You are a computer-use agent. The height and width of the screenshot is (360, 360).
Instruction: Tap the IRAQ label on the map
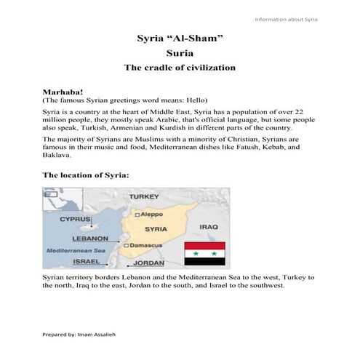click(x=209, y=226)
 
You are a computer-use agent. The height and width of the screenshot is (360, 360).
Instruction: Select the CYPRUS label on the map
click(x=75, y=219)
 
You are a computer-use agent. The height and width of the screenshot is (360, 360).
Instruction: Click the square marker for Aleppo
click(x=137, y=215)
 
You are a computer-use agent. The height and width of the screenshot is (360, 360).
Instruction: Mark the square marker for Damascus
click(x=127, y=246)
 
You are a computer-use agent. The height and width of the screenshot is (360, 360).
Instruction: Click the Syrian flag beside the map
click(x=204, y=252)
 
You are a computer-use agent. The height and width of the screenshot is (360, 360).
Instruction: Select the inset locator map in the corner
click(x=53, y=199)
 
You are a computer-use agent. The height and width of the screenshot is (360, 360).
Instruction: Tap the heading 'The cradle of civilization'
click(x=180, y=68)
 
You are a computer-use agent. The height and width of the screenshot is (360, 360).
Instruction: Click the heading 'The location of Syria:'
click(x=86, y=175)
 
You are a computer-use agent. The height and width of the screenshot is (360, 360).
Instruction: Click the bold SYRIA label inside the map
click(x=155, y=229)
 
